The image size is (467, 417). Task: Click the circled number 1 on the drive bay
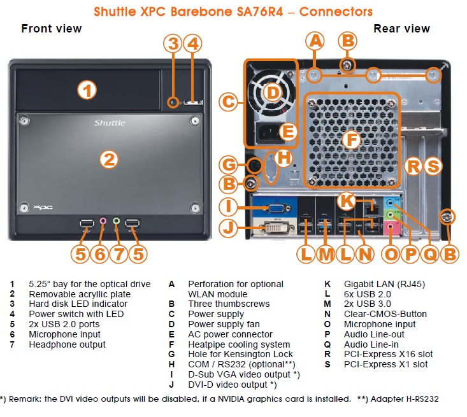point(87,90)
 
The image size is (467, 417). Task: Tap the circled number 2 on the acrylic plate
point(110,159)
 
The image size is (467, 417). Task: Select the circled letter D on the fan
point(272,93)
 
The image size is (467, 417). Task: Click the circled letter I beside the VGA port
point(228,207)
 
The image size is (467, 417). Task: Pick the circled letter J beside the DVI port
point(228,228)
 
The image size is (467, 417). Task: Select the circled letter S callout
point(433,167)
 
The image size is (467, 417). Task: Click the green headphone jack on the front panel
point(117,222)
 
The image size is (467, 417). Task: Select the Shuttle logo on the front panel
point(110,122)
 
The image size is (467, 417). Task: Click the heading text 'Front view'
point(52,29)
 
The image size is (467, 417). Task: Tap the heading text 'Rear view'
point(401,29)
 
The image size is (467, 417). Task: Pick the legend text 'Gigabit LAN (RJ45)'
point(384,284)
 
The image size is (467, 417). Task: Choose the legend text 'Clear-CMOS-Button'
point(385,314)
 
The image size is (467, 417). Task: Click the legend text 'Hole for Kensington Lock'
point(241,354)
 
